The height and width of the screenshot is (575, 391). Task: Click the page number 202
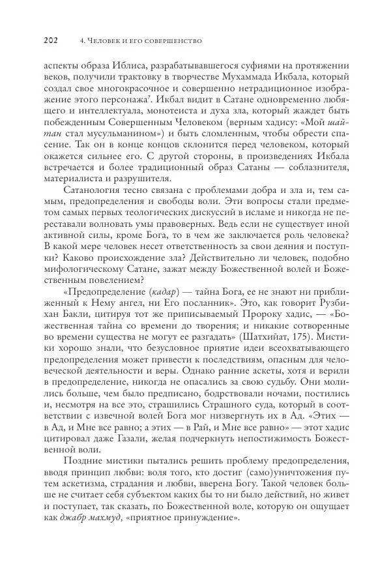51,41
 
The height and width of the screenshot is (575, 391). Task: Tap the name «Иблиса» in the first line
119,67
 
